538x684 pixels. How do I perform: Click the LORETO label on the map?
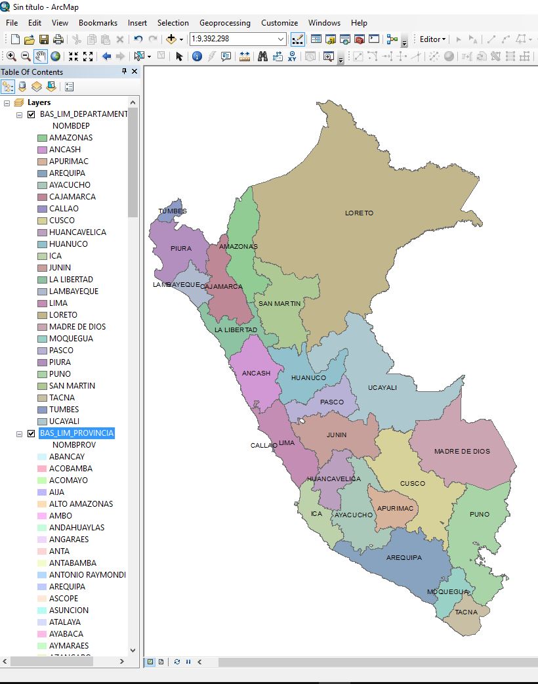[x=359, y=213]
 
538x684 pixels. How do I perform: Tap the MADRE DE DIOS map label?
[x=462, y=451]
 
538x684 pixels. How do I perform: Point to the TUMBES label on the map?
[x=173, y=211]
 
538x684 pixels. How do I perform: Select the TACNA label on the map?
[x=466, y=612]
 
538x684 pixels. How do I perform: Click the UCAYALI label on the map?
[x=382, y=387]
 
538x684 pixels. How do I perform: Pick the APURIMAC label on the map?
[x=396, y=508]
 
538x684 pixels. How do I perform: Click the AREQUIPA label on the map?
[x=403, y=557]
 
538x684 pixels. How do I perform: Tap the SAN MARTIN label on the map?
[x=279, y=303]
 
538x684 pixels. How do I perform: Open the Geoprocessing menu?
[x=224, y=22]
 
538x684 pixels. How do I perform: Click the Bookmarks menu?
[x=98, y=22]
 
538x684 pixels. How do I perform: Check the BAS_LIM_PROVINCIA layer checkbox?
[x=31, y=433]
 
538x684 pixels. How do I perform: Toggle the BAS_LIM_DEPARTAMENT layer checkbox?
[x=31, y=114]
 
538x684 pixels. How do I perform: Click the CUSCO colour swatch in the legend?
[x=42, y=221]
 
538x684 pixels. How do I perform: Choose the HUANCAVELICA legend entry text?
[x=77, y=232]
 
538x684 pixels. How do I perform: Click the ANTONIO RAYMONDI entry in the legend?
[x=87, y=575]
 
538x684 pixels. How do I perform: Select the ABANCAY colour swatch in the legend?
[x=42, y=457]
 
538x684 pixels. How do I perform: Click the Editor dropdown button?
[x=432, y=39]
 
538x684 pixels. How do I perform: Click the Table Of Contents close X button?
[x=134, y=72]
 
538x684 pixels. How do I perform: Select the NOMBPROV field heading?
[x=74, y=445]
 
